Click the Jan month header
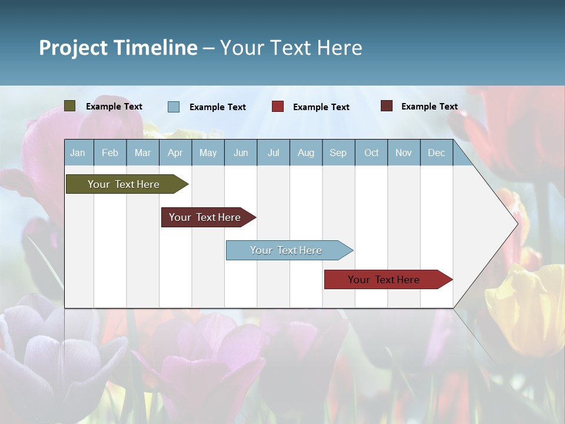78,153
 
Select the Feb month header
110,153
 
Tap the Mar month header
142,153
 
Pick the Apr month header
175,153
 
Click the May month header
208,153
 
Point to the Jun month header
241,153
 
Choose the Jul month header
273,153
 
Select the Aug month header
306,153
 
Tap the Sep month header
338,153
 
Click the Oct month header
371,153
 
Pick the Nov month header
404,153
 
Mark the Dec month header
437,153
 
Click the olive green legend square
70,106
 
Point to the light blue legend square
174,107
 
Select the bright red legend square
278,106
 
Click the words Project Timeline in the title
118,48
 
